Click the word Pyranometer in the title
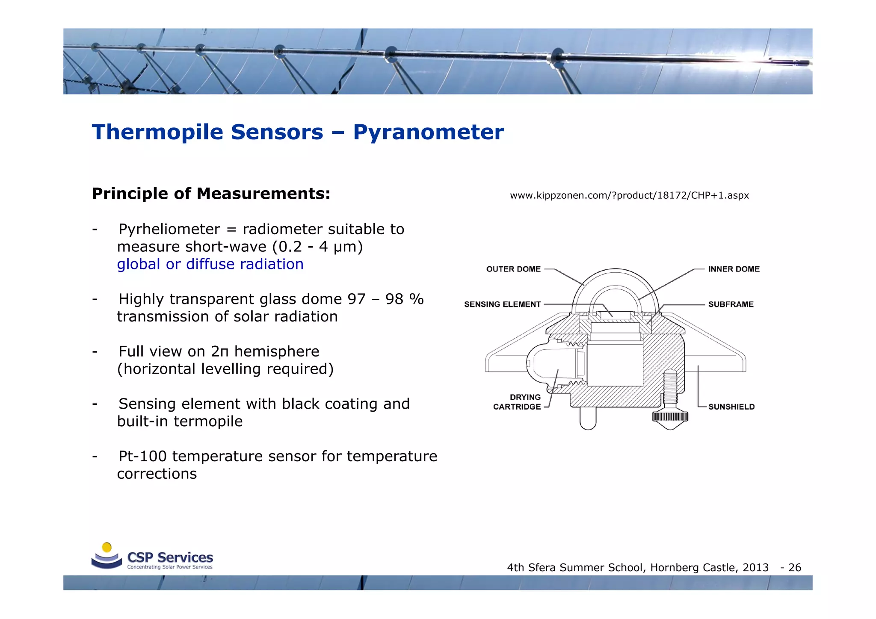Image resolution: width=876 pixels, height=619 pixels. [428, 132]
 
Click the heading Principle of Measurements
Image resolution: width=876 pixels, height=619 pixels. [211, 194]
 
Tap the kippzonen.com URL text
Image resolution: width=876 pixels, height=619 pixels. [629, 195]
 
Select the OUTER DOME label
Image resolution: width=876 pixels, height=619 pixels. [513, 269]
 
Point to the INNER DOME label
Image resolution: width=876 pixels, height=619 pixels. [734, 269]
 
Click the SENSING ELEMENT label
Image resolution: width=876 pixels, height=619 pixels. [502, 304]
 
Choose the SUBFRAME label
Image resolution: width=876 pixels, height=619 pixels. [731, 304]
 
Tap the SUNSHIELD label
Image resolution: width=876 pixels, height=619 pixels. [731, 407]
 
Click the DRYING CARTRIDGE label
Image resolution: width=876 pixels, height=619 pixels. [517, 402]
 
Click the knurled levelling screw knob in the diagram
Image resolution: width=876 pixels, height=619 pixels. [670, 416]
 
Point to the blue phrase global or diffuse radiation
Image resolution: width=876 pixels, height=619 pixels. [210, 264]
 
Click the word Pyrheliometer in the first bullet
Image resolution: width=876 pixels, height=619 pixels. [169, 229]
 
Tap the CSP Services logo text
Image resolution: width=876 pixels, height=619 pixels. [170, 557]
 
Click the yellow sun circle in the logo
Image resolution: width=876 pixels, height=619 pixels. [107, 547]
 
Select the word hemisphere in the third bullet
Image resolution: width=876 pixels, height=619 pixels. [276, 351]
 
